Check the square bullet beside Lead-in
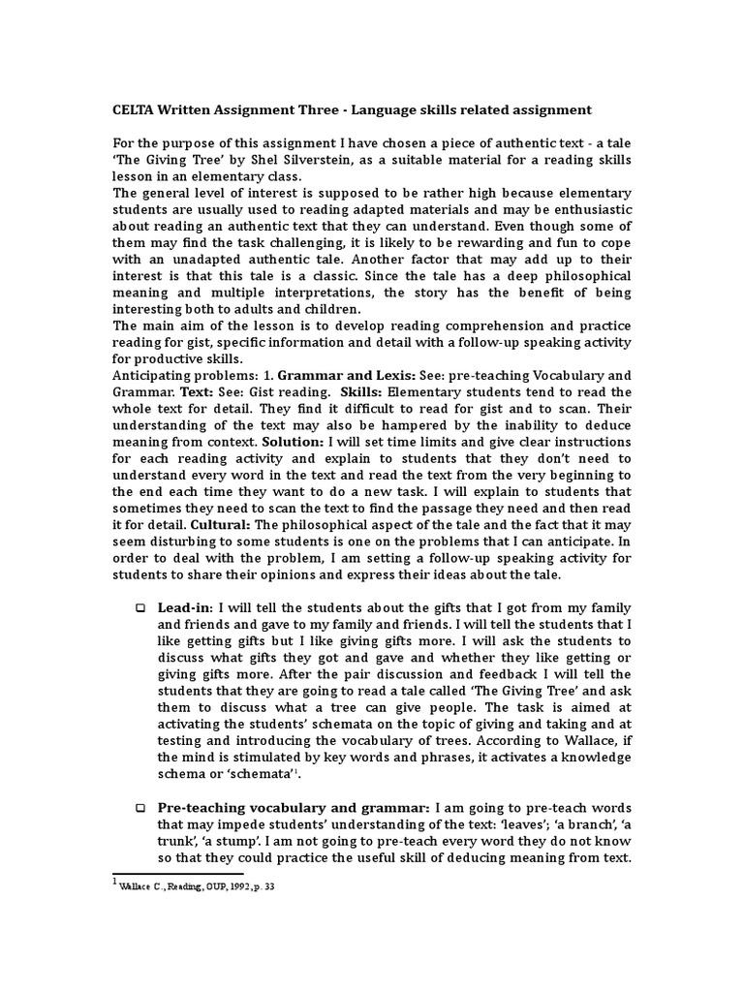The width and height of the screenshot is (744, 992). pos(139,607)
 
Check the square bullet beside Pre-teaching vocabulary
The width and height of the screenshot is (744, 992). pos(139,807)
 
